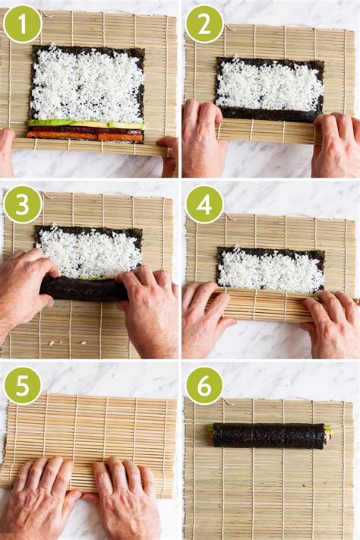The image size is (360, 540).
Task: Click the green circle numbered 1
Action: (x=22, y=24)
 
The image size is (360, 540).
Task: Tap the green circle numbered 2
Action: (x=204, y=24)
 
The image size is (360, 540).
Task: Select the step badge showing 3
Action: (x=22, y=204)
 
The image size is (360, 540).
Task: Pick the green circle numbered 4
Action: (x=204, y=204)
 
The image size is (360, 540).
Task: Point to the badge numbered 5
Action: (x=22, y=385)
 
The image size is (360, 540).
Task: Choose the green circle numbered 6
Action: (x=204, y=385)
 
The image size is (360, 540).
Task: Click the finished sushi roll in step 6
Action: (x=270, y=436)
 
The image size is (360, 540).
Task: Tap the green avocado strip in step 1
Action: (x=85, y=123)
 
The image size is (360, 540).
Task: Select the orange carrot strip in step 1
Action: (x=85, y=137)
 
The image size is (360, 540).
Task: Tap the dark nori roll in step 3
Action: (x=84, y=289)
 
